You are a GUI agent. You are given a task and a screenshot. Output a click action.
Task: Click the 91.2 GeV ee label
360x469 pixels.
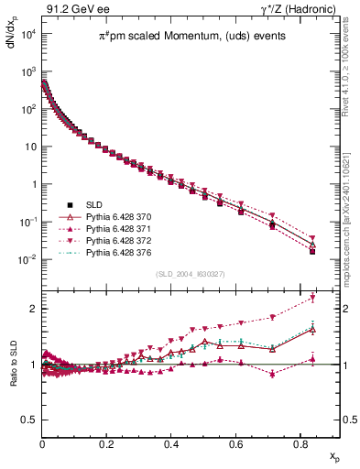coord(70,9)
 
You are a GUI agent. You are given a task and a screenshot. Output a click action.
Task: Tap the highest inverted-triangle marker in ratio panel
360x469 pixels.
coord(313,298)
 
